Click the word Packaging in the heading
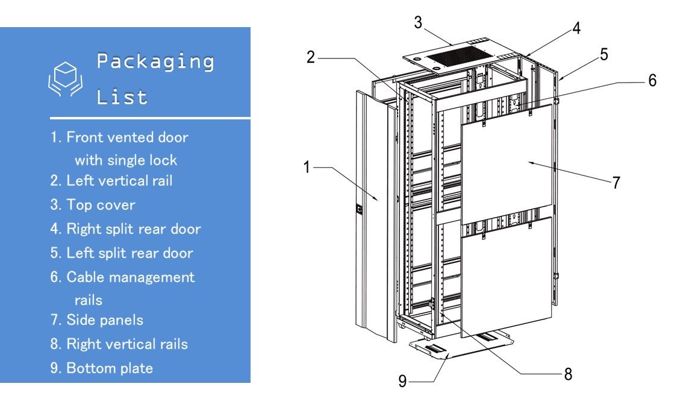point(155,62)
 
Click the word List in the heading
point(122,96)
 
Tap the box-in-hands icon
point(65,79)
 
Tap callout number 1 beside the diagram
point(307,167)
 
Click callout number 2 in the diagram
point(311,57)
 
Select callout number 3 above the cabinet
point(417,22)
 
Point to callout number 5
point(603,54)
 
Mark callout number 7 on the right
point(616,183)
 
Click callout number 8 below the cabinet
point(567,374)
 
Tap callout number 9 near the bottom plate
point(402,382)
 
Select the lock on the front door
point(360,210)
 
